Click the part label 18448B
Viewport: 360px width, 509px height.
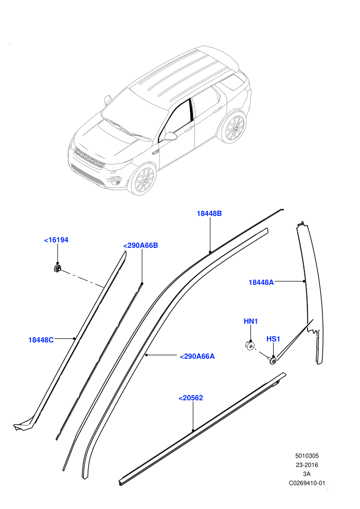pyautogui.click(x=209, y=213)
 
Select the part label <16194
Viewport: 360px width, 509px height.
pyautogui.click(x=56, y=240)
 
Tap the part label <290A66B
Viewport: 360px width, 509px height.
pyautogui.click(x=140, y=245)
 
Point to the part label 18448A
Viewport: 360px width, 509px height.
pyautogui.click(x=261, y=282)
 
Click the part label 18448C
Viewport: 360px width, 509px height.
pyautogui.click(x=41, y=340)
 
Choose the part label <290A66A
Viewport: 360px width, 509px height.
pyautogui.click(x=197, y=356)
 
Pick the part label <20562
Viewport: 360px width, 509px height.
pyautogui.click(x=191, y=397)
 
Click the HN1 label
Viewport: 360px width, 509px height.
pyautogui.click(x=250, y=321)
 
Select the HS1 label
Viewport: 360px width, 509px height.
pyautogui.click(x=273, y=339)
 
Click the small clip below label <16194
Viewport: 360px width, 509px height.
pyautogui.click(x=58, y=268)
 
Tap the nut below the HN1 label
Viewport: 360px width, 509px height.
pyautogui.click(x=249, y=345)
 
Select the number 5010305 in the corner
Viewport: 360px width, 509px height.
pyautogui.click(x=307, y=456)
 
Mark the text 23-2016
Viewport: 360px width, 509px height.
pyautogui.click(x=307, y=465)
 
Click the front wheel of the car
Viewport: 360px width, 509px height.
pyautogui.click(x=143, y=179)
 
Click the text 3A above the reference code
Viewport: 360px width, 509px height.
pyautogui.click(x=307, y=474)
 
